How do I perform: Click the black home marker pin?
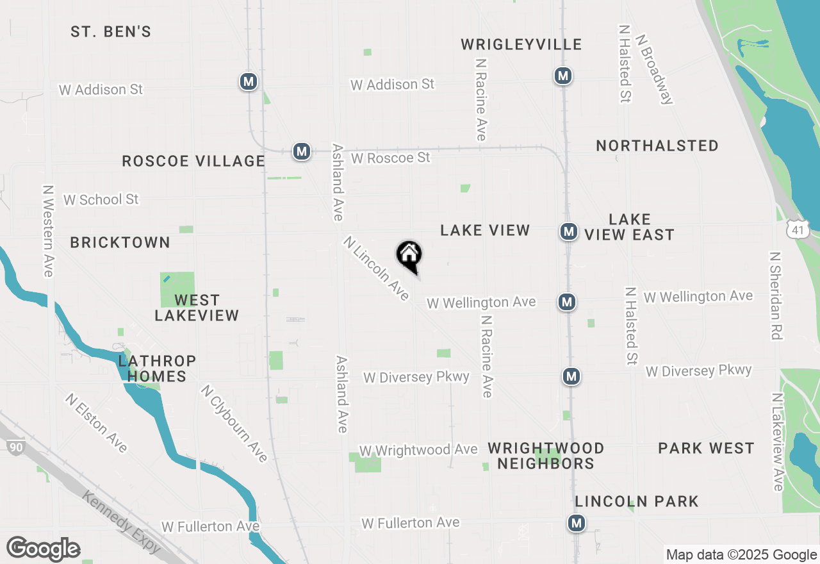tap(409, 255)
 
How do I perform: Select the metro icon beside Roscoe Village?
tap(302, 152)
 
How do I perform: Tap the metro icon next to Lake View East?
tap(568, 231)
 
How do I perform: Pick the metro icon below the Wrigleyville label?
tap(563, 76)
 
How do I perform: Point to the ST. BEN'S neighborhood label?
tap(111, 32)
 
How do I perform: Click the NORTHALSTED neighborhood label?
tap(657, 146)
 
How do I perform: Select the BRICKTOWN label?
tap(120, 242)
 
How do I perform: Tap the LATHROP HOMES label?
tap(156, 369)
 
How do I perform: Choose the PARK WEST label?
tap(706, 448)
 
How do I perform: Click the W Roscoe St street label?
tap(390, 158)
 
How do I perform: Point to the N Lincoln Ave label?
tap(376, 268)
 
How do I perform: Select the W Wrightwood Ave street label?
tap(418, 451)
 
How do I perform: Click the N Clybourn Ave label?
tap(234, 423)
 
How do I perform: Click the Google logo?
tap(43, 549)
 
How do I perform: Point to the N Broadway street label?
tap(654, 65)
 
